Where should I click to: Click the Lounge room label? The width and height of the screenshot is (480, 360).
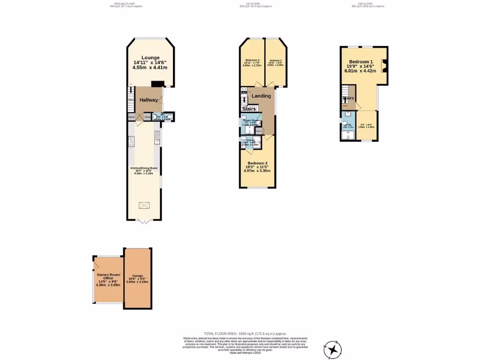click(150, 58)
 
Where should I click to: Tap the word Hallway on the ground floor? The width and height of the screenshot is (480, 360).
click(149, 100)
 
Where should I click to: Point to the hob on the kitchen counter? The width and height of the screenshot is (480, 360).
click(131, 141)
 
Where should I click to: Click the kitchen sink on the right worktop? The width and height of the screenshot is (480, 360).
click(158, 136)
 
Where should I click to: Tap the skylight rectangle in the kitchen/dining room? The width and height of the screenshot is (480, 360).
click(144, 205)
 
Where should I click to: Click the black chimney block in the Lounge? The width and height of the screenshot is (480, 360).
click(157, 84)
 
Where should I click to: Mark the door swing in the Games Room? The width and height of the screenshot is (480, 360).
click(97, 265)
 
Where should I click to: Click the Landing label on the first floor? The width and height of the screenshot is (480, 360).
click(261, 96)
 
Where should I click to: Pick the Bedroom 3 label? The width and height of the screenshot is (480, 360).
click(252, 60)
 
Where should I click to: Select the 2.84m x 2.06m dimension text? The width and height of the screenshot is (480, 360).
click(366, 127)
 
